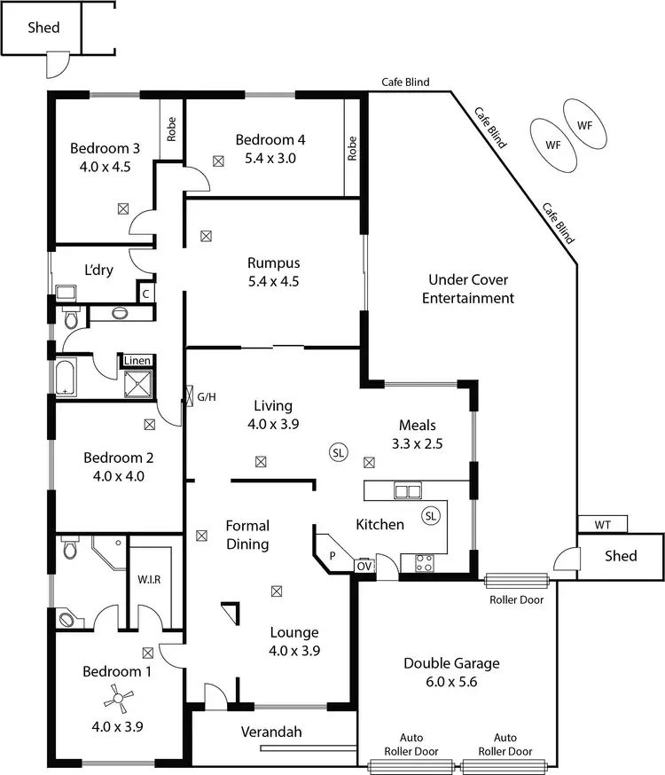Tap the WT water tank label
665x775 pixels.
click(x=602, y=524)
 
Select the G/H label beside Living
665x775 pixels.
click(x=206, y=397)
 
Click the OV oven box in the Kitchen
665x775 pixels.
click(x=364, y=565)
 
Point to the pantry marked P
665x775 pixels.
click(x=333, y=554)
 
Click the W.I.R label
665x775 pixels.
click(x=148, y=581)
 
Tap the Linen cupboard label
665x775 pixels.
click(x=137, y=360)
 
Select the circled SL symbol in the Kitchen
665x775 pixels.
click(x=431, y=515)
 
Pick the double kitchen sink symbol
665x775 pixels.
click(x=408, y=490)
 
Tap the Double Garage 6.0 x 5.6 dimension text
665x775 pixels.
click(x=451, y=682)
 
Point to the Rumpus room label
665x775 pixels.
click(x=273, y=262)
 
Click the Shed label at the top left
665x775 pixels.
click(x=43, y=27)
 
